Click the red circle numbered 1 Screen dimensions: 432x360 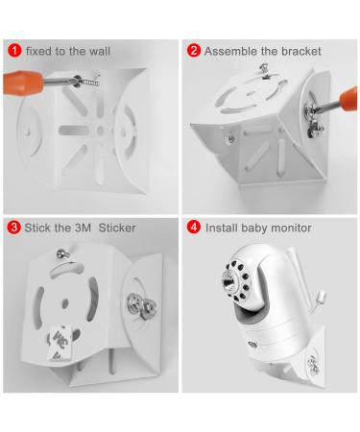[x=14, y=50]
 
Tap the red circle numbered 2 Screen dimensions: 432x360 [x=193, y=50]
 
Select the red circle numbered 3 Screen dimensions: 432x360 [x=14, y=228]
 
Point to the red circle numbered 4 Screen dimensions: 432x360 [x=193, y=228]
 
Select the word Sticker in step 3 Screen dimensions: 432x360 [x=113, y=228]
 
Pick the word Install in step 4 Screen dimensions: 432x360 [x=220, y=228]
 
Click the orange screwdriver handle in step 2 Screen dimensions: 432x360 [x=346, y=99]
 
